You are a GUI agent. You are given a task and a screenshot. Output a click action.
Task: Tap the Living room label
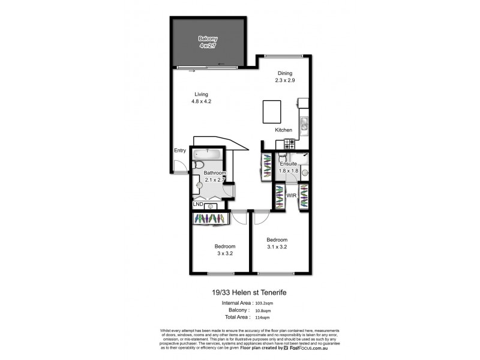tap(201, 94)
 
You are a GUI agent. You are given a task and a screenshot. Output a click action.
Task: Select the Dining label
tap(285, 73)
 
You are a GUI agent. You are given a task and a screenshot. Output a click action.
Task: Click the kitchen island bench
tap(272, 112)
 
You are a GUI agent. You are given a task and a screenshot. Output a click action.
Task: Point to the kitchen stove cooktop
tap(289, 144)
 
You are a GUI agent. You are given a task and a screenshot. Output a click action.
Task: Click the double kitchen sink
tap(304, 124)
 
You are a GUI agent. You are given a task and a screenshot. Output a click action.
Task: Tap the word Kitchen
tap(283, 130)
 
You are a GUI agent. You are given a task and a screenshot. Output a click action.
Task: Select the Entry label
tap(180, 151)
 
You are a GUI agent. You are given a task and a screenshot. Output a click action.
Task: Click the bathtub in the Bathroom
tap(207, 153)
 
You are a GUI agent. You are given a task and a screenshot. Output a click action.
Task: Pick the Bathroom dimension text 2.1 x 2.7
tap(214, 179)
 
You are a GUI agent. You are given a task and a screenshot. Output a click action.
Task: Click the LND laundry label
tap(197, 205)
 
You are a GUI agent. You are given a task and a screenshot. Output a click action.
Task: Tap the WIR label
tap(291, 196)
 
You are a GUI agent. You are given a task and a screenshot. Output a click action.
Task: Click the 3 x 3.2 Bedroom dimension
tap(224, 253)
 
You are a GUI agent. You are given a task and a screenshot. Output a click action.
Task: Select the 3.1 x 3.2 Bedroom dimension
tap(277, 246)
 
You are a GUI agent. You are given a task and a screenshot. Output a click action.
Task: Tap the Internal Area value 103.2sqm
tap(264, 304)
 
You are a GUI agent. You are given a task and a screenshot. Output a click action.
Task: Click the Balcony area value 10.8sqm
tap(262, 311)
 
